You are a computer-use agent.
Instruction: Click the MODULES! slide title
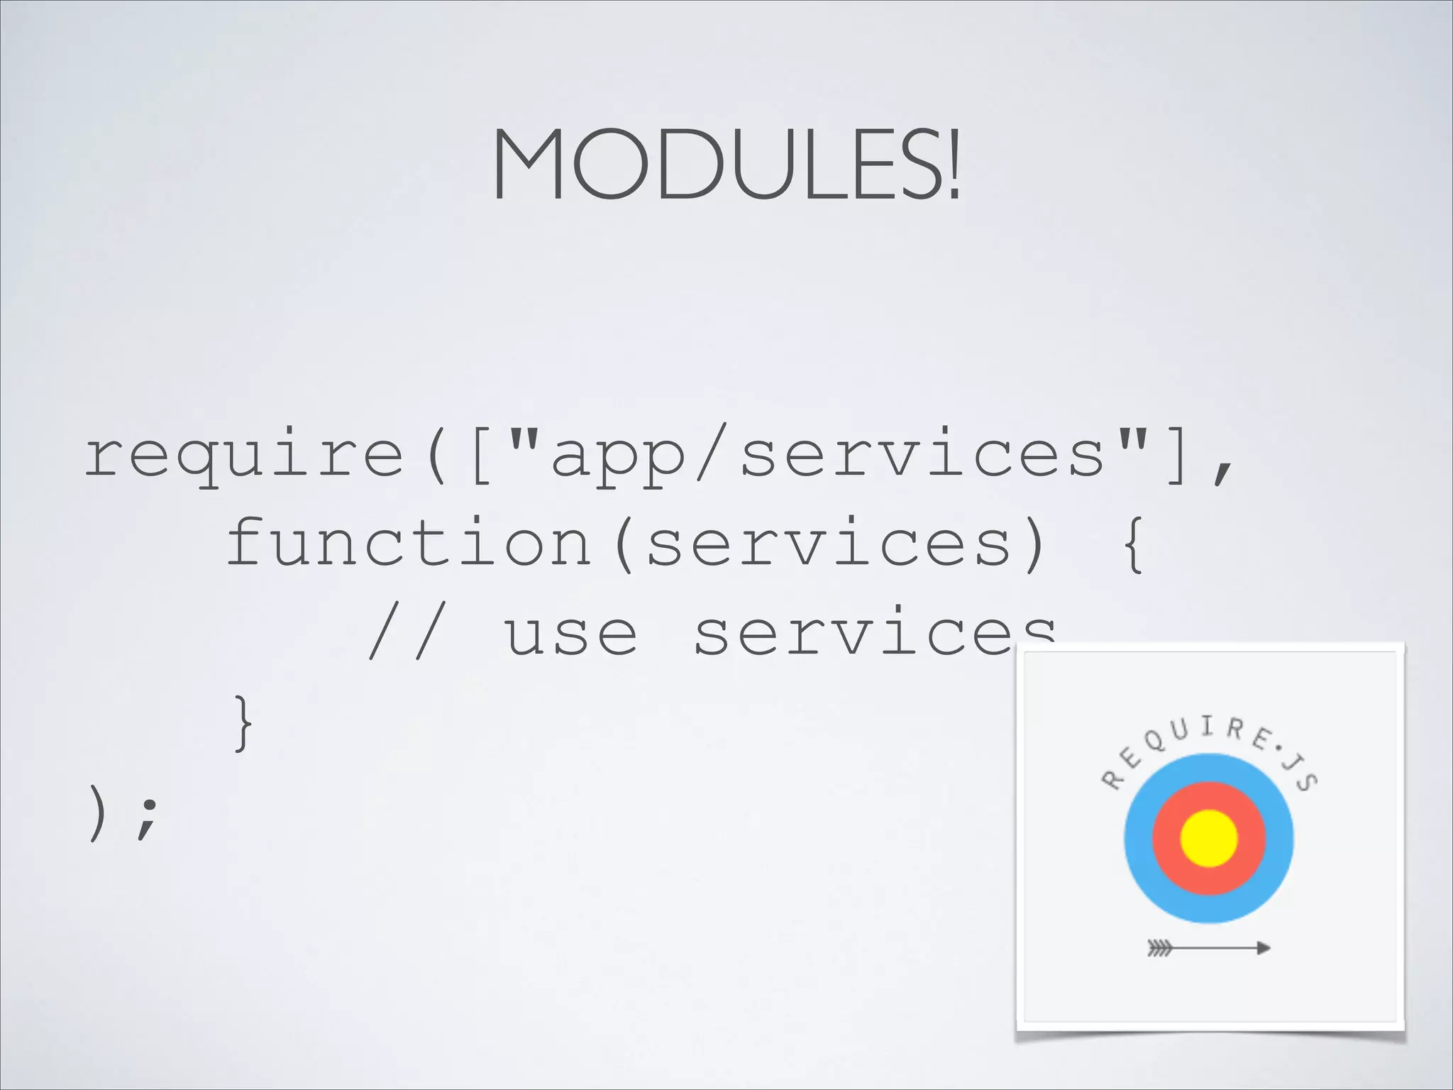pos(726,165)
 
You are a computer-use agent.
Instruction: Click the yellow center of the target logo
pos(1208,838)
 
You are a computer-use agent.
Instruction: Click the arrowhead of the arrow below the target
pos(1263,947)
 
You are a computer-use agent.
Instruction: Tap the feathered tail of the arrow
pos(1159,947)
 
